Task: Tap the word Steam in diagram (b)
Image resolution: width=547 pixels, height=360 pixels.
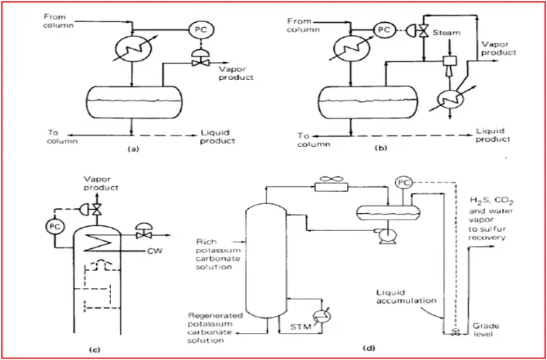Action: pyautogui.click(x=447, y=33)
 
